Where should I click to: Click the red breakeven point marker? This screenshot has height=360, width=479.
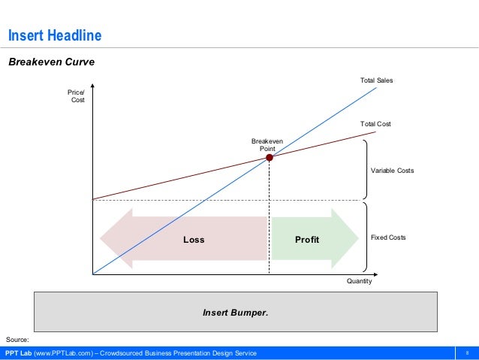coord(270,158)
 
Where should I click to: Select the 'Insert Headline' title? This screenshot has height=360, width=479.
coord(54,36)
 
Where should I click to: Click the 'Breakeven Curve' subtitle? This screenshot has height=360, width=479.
coord(51,62)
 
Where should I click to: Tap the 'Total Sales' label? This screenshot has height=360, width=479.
coord(377,80)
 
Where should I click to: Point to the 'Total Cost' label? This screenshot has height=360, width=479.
coord(376,124)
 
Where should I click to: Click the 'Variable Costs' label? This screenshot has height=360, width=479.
coord(392,171)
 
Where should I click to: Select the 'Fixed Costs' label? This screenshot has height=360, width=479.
coord(388,237)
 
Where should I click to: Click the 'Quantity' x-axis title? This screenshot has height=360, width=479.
coord(359,282)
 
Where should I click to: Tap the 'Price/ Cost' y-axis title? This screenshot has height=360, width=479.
coord(77,96)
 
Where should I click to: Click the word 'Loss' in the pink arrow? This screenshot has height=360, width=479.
coord(194,240)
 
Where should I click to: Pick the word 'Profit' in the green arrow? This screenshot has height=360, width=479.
coord(306,240)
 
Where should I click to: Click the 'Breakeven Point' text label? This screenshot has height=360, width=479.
coord(263,145)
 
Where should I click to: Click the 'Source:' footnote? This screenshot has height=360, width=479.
coord(17,340)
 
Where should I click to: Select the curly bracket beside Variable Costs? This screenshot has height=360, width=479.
coord(365,171)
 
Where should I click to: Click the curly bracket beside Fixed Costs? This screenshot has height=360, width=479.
coord(365,237)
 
